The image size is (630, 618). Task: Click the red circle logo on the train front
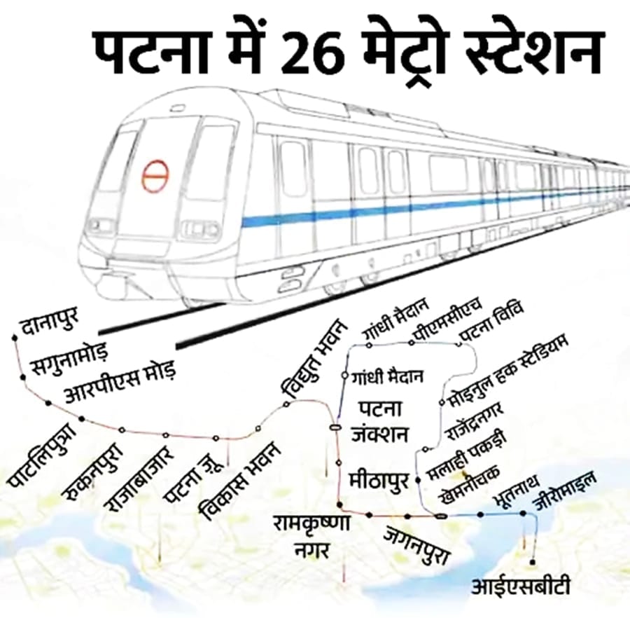point(155,176)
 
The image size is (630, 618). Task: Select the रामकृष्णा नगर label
point(312,534)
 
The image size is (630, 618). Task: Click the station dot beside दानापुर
point(15,338)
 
